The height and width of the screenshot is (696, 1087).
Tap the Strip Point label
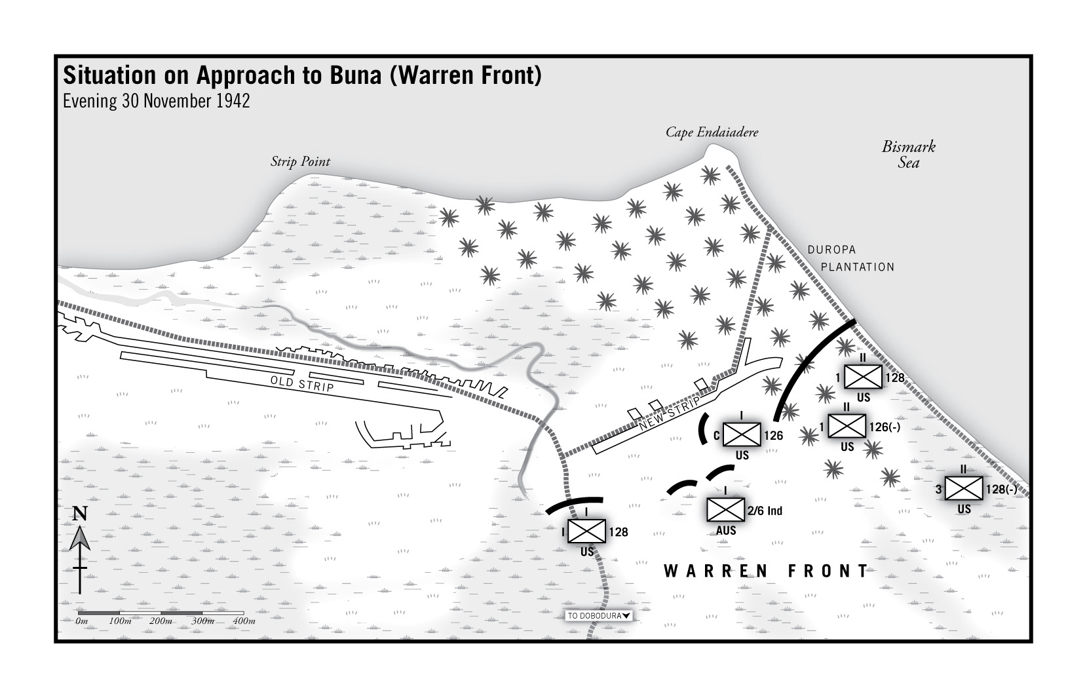click(300, 162)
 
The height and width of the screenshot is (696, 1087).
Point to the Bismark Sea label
click(908, 155)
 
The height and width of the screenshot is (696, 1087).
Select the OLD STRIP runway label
click(302, 384)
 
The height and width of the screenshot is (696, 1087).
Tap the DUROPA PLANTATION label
click(850, 259)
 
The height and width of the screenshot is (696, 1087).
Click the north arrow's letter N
click(79, 514)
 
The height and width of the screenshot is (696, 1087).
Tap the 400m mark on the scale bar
click(244, 621)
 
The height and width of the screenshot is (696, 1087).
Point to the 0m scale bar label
click(81, 621)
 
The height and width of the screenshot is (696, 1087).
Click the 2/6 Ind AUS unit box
click(725, 510)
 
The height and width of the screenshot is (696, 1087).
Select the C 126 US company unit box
click(742, 435)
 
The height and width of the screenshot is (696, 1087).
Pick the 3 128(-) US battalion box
click(964, 488)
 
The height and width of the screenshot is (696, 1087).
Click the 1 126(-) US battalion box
click(847, 426)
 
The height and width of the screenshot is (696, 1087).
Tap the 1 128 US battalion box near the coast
click(863, 377)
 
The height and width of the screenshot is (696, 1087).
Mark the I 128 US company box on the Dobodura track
click(586, 532)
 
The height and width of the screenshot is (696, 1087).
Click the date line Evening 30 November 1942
click(156, 102)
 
